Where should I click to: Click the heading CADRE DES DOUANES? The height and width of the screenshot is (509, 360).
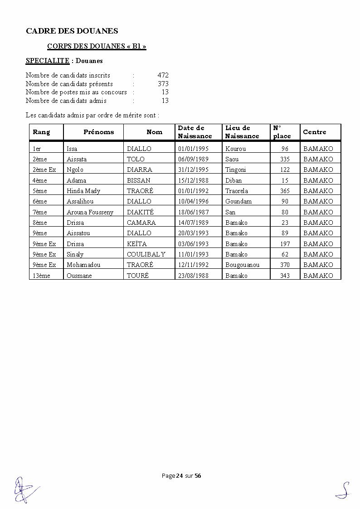[72, 31]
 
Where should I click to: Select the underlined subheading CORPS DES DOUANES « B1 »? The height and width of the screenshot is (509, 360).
[97, 46]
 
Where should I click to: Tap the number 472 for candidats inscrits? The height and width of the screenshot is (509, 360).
[163, 75]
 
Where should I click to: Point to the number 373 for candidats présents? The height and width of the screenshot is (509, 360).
[163, 84]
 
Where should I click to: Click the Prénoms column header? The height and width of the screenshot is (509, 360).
[98, 132]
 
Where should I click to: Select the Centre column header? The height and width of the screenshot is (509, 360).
[314, 132]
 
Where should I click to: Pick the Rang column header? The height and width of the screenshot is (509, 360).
[41, 132]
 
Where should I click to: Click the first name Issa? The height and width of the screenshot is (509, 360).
[72, 149]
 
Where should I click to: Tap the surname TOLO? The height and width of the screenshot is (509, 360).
[136, 159]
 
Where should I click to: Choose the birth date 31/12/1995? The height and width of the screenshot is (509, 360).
[193, 170]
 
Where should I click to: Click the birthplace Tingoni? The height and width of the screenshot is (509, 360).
[235, 170]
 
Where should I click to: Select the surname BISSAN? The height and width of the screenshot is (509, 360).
[138, 180]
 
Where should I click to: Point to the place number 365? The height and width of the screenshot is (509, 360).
[284, 191]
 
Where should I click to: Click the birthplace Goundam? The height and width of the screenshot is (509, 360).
[238, 201]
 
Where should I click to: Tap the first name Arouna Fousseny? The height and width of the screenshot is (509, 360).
[90, 212]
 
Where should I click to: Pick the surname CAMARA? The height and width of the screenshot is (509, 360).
[141, 223]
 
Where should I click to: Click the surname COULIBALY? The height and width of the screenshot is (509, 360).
[146, 254]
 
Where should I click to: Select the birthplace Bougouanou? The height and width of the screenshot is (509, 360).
[242, 265]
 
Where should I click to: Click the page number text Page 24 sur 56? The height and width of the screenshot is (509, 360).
[181, 475]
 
